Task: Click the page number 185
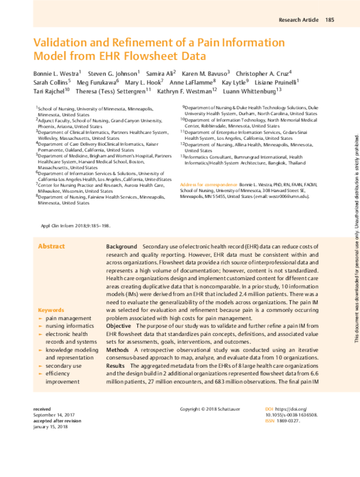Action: (x=329, y=20)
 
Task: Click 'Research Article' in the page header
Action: (x=298, y=20)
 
